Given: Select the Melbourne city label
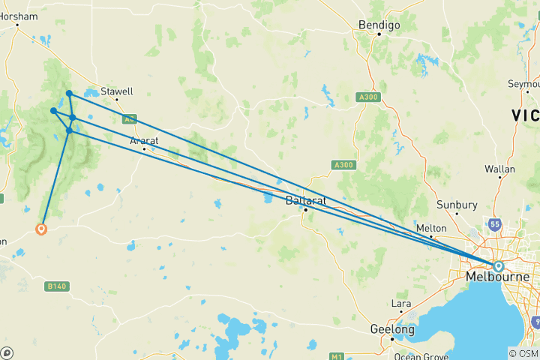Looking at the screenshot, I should point(496,277).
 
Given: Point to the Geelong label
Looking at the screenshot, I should point(392,329).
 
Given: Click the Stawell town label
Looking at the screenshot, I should point(117,91).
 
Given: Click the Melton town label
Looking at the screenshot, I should point(431,228).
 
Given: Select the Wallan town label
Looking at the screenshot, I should point(499,169).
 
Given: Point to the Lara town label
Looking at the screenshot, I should point(401,304).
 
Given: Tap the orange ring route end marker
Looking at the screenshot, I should point(41,229).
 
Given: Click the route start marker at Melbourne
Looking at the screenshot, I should point(498,265).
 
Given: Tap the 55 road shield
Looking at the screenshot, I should point(494,224).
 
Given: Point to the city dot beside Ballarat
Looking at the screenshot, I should point(306,210).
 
